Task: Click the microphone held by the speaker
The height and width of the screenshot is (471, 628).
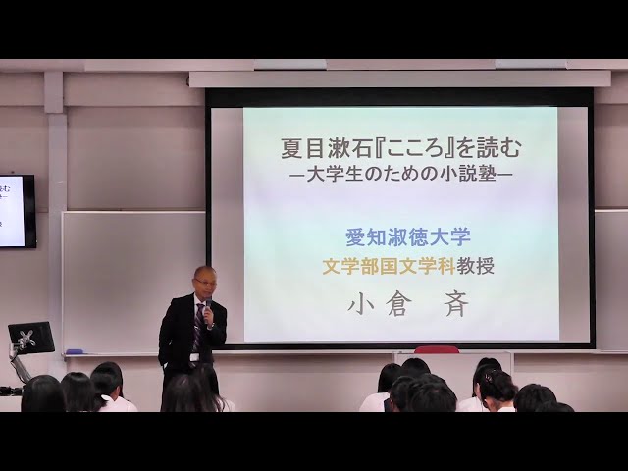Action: pyautogui.click(x=209, y=309)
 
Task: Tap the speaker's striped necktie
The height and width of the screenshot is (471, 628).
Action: pyautogui.click(x=199, y=327)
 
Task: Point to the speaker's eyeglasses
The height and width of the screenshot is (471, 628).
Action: pyautogui.click(x=205, y=282)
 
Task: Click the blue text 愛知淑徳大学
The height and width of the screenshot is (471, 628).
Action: pyautogui.click(x=408, y=237)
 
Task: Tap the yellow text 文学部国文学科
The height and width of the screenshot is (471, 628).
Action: pyautogui.click(x=389, y=267)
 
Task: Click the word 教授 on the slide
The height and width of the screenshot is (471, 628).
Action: pyautogui.click(x=475, y=267)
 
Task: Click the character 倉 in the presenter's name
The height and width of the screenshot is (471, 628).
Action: pyautogui.click(x=398, y=307)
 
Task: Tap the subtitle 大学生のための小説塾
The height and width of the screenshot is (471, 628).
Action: pyautogui.click(x=400, y=175)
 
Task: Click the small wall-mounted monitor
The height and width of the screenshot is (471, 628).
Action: pyautogui.click(x=18, y=211)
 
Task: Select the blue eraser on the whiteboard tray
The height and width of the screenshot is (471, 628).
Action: pyautogui.click(x=75, y=351)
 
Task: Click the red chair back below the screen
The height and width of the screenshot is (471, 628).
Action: pyautogui.click(x=437, y=349)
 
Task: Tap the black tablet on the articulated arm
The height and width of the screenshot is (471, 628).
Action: pyautogui.click(x=31, y=338)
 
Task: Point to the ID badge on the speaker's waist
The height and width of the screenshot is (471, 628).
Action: pyautogui.click(x=194, y=357)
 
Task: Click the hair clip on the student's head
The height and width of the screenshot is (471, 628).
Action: pyautogui.click(x=488, y=377)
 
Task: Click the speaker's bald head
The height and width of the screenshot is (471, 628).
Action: pyautogui.click(x=204, y=273)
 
